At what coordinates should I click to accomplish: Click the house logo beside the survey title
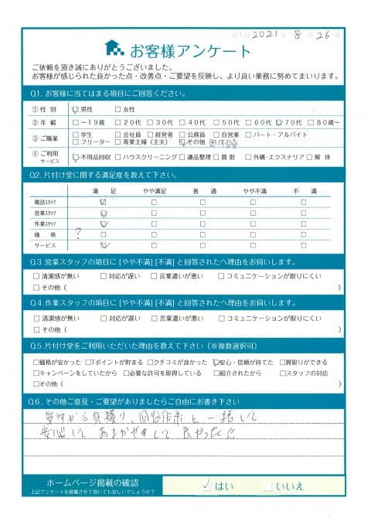tap(114, 48)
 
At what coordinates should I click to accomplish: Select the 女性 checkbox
tap(117, 109)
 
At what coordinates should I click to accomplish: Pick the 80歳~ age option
tap(313, 121)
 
